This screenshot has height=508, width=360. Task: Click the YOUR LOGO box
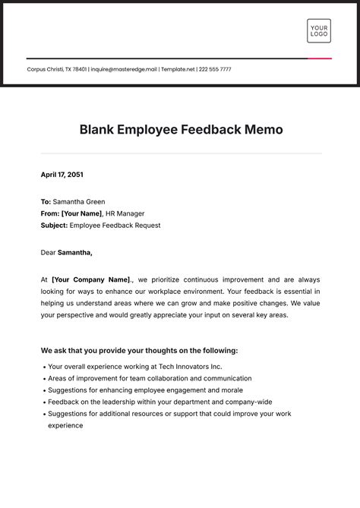click(319, 31)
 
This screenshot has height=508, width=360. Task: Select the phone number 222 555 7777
click(216, 69)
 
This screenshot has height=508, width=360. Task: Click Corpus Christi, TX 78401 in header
click(56, 69)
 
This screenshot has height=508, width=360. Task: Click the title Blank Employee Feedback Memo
click(181, 130)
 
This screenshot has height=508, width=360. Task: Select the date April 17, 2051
click(62, 175)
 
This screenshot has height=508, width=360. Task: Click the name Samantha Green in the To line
click(77, 202)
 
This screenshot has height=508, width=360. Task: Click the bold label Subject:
click(54, 226)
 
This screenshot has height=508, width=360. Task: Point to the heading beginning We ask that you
click(139, 351)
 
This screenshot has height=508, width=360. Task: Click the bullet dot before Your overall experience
click(43, 367)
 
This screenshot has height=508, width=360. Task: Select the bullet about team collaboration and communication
click(149, 378)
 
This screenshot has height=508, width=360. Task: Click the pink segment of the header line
click(320, 58)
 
